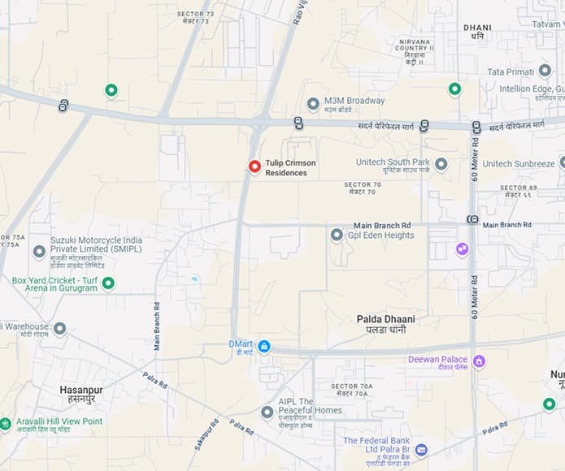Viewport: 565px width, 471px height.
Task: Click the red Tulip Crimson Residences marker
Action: pos(254,166)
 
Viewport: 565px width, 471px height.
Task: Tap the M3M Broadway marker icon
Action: pos(313,104)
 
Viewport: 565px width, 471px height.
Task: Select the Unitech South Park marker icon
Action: pos(441,165)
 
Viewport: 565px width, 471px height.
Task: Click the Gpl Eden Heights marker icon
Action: pos(337,235)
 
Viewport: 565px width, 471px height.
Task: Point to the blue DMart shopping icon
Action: pos(264,347)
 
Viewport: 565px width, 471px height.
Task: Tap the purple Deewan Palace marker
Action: pos(479,361)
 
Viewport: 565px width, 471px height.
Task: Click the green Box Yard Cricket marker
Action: pos(107,283)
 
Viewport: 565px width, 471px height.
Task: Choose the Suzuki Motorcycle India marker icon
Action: pos(39,252)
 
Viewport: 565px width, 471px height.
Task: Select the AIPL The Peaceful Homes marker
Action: pos(267,413)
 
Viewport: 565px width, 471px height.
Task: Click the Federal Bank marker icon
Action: pos(421,450)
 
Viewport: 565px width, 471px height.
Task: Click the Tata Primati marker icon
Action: pos(545,71)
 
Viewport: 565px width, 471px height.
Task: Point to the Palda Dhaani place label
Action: pos(385,324)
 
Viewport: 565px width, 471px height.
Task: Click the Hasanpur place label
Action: pos(81,395)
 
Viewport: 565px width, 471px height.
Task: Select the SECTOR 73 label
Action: pos(193,17)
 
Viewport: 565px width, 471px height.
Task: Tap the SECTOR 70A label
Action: pos(352,390)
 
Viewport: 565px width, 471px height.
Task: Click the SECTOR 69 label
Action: pos(519,192)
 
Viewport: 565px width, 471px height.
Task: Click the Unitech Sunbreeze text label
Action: pos(518,163)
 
